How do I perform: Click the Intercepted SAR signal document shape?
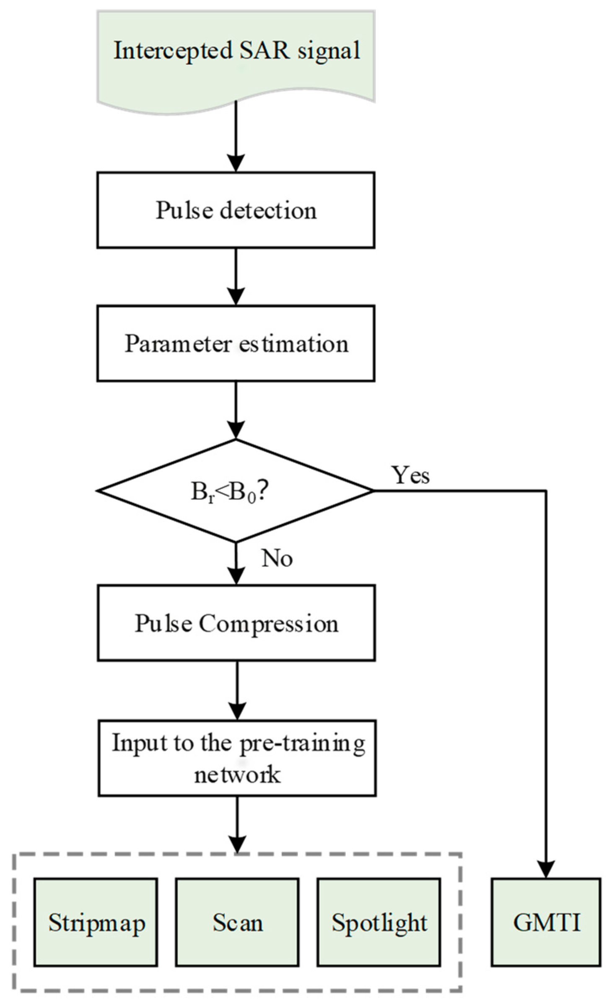(236, 59)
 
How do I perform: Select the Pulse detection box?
(236, 210)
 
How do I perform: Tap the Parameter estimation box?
(236, 343)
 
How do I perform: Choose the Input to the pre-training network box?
(237, 758)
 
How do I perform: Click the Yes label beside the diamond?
(410, 475)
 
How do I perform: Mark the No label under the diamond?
(277, 558)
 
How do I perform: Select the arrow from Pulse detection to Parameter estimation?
(236, 276)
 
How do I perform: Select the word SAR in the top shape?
(264, 50)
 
